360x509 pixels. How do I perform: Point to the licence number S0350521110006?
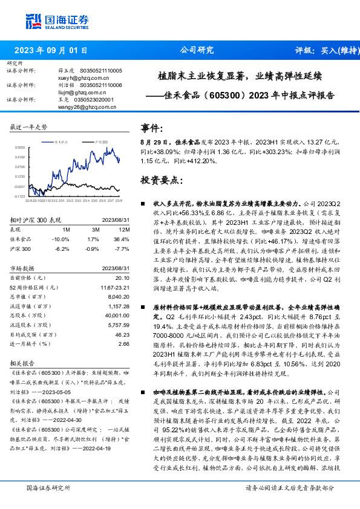(100, 85)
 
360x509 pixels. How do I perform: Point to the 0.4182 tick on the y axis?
(20, 157)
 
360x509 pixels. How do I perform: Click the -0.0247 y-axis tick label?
(20, 187)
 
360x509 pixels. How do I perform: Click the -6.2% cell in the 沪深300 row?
(62, 248)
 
